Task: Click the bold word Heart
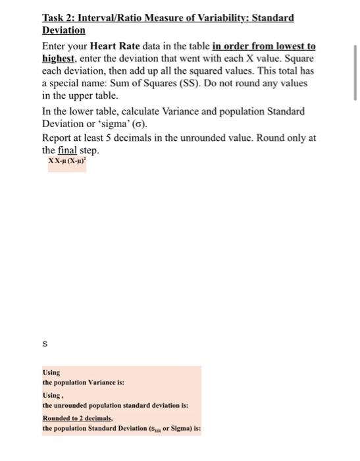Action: (x=106, y=46)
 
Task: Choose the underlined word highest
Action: (x=59, y=59)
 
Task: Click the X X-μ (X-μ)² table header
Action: (x=68, y=161)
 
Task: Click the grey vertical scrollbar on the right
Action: (x=355, y=72)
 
